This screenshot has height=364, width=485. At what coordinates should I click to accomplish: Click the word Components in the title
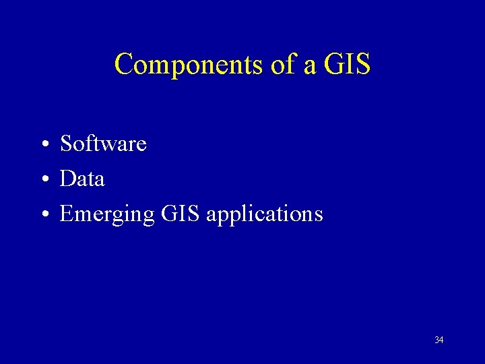pyautogui.click(x=180, y=65)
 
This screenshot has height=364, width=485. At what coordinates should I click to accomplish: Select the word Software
pyautogui.click(x=103, y=144)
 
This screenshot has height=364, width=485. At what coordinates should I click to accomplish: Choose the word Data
pyautogui.click(x=82, y=179)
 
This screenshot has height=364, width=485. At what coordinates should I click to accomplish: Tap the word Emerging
pyautogui.click(x=107, y=215)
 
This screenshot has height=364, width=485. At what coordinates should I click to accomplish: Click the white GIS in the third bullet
pyautogui.click(x=181, y=214)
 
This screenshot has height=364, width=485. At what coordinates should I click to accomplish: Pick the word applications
pyautogui.click(x=265, y=215)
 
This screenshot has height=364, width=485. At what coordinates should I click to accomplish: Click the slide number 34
pyautogui.click(x=439, y=340)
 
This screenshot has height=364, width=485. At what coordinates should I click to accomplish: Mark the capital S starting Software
pyautogui.click(x=67, y=144)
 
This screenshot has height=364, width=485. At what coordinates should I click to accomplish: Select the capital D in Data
pyautogui.click(x=67, y=179)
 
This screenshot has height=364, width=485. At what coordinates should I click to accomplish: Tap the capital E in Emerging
pyautogui.click(x=67, y=214)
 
